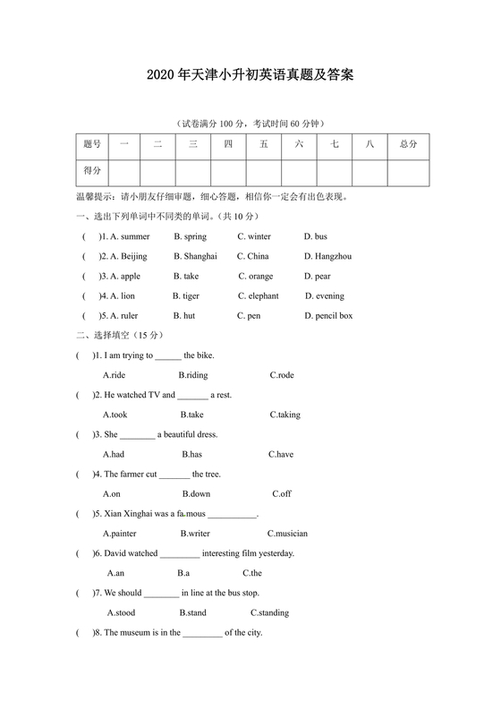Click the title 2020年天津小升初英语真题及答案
tap(250, 76)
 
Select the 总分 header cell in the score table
tap(408, 144)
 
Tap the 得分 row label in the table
tap(92, 170)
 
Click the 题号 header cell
tap(92, 144)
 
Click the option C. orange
tap(255, 276)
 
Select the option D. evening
tap(324, 295)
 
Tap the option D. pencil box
tap(328, 315)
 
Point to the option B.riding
tap(192, 375)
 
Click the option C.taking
tap(284, 415)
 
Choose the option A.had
tap(113, 454)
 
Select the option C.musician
tap(287, 534)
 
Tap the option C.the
tap(251, 573)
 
